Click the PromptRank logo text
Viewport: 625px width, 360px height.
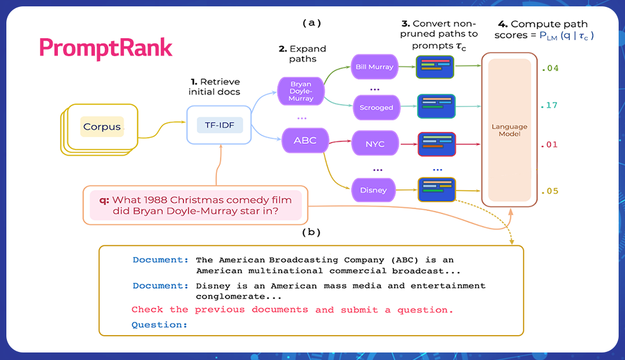(x=106, y=48)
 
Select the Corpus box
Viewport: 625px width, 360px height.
(x=102, y=127)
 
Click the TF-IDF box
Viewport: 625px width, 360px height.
(x=219, y=124)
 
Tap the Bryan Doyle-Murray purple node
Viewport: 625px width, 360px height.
(x=301, y=91)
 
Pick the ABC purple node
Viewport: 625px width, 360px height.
(x=305, y=141)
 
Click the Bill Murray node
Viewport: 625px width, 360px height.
(x=374, y=67)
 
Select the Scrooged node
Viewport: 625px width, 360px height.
(x=376, y=107)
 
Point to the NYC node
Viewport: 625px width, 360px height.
(x=375, y=144)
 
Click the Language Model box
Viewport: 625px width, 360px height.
(x=510, y=130)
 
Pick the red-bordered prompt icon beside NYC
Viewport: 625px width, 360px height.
(x=437, y=144)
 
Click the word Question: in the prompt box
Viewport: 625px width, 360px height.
(x=160, y=325)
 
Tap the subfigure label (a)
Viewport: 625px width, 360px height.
(x=311, y=23)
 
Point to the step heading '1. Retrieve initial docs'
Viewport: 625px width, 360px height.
(x=215, y=87)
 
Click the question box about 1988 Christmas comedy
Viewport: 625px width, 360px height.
(x=196, y=205)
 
